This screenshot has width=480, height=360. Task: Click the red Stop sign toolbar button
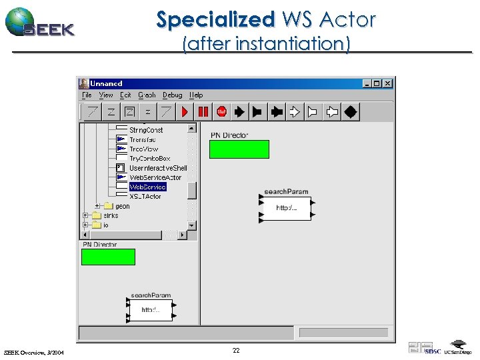tap(221, 112)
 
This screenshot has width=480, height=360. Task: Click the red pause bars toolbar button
tap(203, 112)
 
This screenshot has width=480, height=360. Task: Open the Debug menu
tap(172, 95)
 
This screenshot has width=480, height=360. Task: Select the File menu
tap(87, 95)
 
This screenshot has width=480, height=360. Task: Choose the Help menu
tap(196, 95)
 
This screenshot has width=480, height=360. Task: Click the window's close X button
tap(387, 83)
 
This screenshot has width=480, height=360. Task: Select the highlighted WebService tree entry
tap(147, 187)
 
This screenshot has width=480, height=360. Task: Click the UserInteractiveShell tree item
tap(157, 168)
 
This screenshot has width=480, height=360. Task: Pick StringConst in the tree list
tap(145, 130)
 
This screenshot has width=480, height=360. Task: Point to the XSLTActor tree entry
tap(145, 197)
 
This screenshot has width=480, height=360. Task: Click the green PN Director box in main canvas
tap(239, 149)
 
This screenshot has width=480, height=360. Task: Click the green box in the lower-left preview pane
tap(108, 257)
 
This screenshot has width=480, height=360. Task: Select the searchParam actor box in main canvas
tap(286, 208)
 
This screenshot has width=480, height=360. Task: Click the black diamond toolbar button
tap(351, 112)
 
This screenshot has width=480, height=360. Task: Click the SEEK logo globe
tap(20, 21)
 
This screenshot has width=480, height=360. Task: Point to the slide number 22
tap(236, 350)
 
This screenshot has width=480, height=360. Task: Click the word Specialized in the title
tap(215, 20)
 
